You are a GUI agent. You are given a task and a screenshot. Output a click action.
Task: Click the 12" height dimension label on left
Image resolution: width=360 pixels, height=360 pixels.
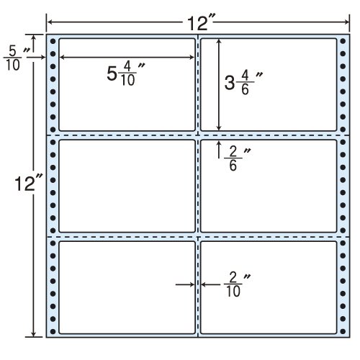(28, 184)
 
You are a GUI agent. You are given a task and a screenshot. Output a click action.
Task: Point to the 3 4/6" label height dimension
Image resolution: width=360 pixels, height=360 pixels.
(243, 83)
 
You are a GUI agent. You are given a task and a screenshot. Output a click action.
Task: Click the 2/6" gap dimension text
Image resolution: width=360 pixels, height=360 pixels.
(237, 159)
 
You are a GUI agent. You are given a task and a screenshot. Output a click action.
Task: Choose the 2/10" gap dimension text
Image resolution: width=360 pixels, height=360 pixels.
(237, 285)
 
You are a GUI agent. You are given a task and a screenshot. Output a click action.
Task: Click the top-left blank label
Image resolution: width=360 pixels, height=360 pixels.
(127, 84)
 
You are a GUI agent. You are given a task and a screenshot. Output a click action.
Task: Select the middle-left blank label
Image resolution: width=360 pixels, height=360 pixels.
(127, 186)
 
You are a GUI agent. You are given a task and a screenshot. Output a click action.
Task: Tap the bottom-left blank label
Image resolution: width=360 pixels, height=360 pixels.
(127, 287)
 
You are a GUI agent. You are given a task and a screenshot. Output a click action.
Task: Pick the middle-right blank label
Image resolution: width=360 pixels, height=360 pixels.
(269, 186)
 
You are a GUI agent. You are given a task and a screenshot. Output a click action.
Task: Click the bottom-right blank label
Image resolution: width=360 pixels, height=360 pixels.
(269, 287)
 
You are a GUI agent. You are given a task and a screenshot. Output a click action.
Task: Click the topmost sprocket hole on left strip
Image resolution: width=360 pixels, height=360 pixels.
(53, 41)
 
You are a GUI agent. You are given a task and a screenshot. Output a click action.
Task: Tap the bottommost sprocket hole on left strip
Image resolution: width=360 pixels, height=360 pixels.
(53, 332)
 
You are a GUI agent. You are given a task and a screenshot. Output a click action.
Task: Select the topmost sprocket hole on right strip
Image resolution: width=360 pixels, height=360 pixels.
(343, 41)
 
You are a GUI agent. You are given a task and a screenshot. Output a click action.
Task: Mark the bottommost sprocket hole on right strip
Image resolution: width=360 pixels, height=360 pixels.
(343, 332)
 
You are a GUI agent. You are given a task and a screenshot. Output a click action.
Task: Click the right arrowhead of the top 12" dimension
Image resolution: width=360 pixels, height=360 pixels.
(347, 22)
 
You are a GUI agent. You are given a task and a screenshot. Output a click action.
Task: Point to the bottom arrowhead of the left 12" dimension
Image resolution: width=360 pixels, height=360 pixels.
(34, 334)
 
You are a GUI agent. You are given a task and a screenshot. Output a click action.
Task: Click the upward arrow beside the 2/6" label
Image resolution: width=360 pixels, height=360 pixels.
(219, 150)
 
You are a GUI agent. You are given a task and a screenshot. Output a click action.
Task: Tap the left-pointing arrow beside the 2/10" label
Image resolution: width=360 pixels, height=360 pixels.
(210, 285)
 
